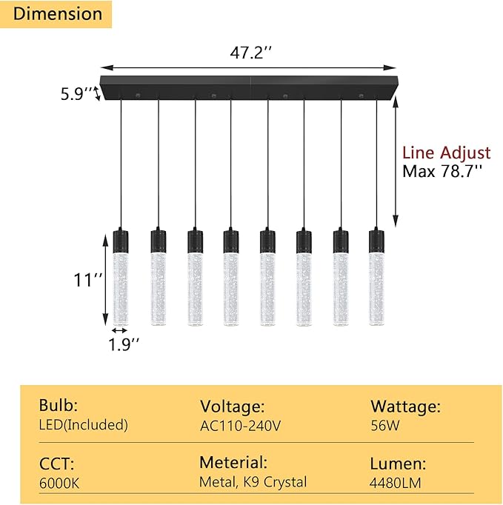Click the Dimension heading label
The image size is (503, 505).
coord(58,14)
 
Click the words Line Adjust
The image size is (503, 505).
coord(446,153)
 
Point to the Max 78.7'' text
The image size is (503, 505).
coord(442,172)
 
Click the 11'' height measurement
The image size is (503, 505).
coord(88,280)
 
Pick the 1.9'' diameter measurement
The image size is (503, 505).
coord(123,344)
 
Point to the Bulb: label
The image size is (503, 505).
coord(59,406)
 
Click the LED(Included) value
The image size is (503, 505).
coord(83,425)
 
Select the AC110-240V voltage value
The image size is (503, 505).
coord(241,426)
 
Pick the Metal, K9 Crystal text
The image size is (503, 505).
coord(253,483)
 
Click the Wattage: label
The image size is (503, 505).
coord(405,406)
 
